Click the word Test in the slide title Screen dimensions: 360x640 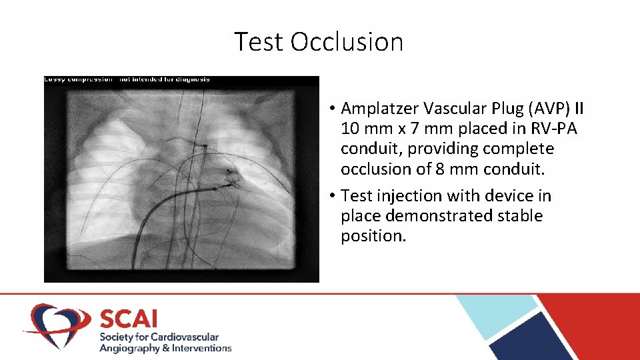(259, 42)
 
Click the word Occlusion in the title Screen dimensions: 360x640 (347, 42)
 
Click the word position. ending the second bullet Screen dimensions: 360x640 (373, 236)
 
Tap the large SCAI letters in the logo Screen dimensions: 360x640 (129, 317)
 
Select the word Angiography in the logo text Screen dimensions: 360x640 (129, 348)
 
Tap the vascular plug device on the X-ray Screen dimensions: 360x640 (231, 175)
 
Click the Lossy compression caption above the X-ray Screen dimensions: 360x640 (127, 79)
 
